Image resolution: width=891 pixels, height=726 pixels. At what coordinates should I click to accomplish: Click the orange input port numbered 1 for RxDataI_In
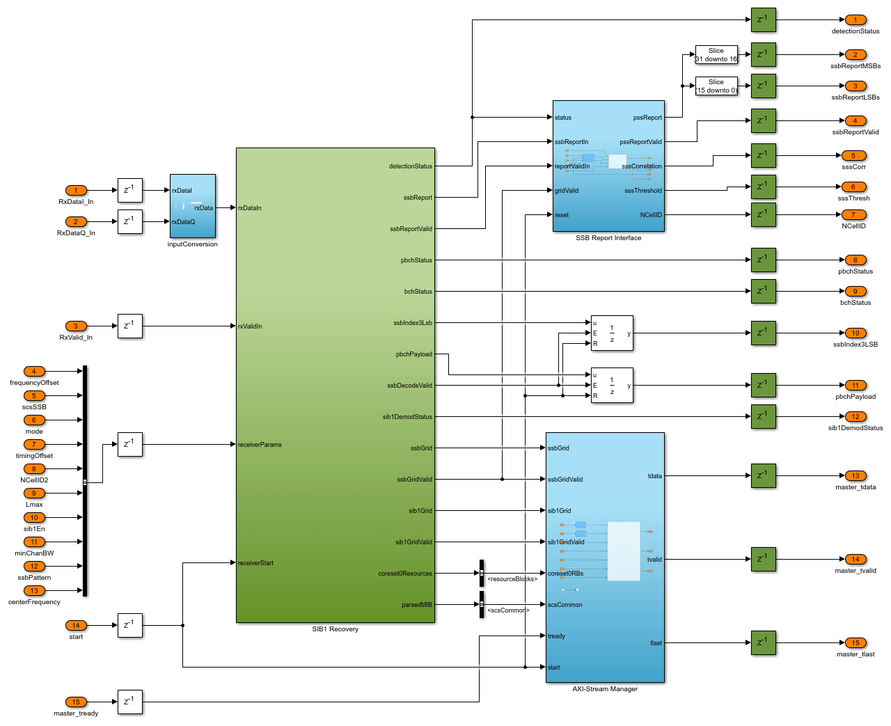(x=76, y=190)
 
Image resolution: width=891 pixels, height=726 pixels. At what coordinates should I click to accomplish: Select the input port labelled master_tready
(x=76, y=702)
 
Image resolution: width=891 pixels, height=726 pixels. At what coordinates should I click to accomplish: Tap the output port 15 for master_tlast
(x=855, y=642)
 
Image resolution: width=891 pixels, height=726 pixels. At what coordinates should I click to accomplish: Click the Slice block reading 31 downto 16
(x=716, y=55)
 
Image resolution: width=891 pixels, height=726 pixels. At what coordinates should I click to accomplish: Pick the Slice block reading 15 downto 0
(x=716, y=86)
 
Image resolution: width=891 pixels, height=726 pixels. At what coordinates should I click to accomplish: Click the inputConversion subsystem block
(x=193, y=206)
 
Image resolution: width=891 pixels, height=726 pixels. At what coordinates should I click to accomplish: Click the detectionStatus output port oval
(x=855, y=19)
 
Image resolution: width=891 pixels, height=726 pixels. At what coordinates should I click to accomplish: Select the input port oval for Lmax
(x=34, y=493)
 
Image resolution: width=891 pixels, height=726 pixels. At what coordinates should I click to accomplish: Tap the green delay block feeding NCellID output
(x=763, y=214)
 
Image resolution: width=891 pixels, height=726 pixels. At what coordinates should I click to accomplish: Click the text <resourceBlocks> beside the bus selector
(x=512, y=579)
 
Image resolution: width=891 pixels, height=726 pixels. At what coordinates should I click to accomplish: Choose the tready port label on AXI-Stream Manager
(x=556, y=636)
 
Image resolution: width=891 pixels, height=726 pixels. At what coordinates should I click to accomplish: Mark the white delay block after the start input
(x=129, y=625)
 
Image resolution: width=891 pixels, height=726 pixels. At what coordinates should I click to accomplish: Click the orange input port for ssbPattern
(x=34, y=566)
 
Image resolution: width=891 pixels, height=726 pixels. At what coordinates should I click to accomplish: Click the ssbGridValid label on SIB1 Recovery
(x=414, y=480)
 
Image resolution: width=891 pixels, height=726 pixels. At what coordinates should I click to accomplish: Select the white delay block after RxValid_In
(x=129, y=326)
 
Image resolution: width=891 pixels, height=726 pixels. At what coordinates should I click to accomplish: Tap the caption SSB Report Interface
(x=608, y=238)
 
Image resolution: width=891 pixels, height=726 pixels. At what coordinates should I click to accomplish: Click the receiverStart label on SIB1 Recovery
(x=255, y=563)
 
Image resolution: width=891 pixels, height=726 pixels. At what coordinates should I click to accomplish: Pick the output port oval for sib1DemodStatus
(x=855, y=416)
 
